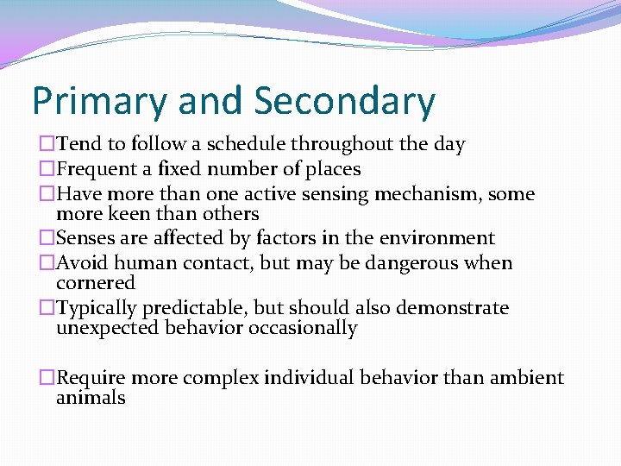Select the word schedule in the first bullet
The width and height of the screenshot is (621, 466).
coord(247,145)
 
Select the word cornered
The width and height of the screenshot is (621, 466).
coord(95,283)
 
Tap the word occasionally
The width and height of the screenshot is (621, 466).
coord(303,328)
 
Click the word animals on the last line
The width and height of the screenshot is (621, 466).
coord(91,398)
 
